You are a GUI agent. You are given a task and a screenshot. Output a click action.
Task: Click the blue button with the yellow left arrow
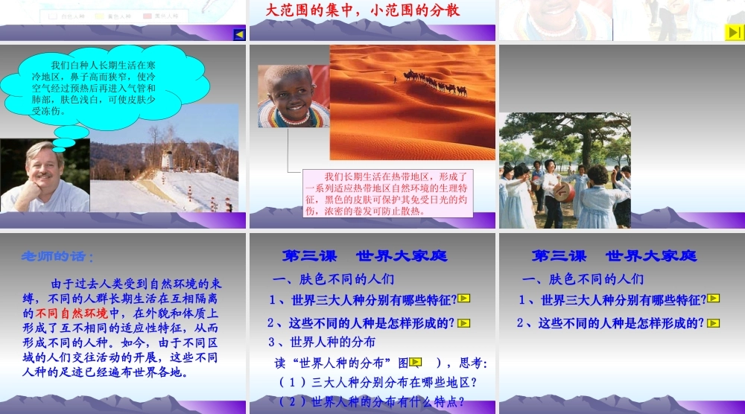[x=239, y=34]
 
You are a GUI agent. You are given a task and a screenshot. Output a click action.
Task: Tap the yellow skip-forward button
[x=734, y=32]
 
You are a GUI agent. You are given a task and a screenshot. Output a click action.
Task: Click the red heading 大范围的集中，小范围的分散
[x=363, y=10]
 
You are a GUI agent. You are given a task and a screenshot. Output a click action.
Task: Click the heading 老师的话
[x=57, y=257]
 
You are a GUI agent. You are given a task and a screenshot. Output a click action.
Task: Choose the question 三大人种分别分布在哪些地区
[x=378, y=383]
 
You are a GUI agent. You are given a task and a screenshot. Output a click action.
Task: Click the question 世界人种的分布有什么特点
[x=372, y=402]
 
